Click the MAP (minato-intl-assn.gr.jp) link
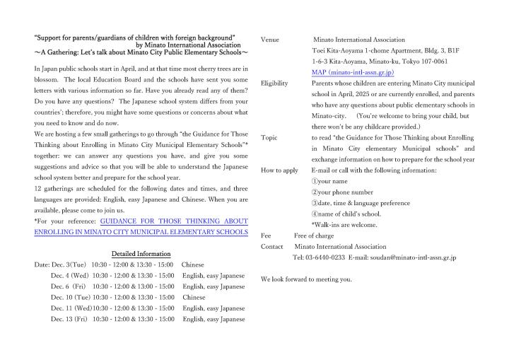[x=352, y=72]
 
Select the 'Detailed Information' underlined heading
[x=141, y=253]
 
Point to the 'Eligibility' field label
[x=274, y=83]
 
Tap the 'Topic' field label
[x=269, y=137]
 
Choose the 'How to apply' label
[x=279, y=170]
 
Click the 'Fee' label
[x=266, y=236]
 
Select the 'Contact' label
[x=272, y=246]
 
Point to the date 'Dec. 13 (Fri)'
[x=69, y=319]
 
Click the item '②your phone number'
[x=342, y=192]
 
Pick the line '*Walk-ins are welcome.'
[x=344, y=225]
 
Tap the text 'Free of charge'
[x=314, y=236]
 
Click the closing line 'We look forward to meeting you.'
[x=306, y=279]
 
